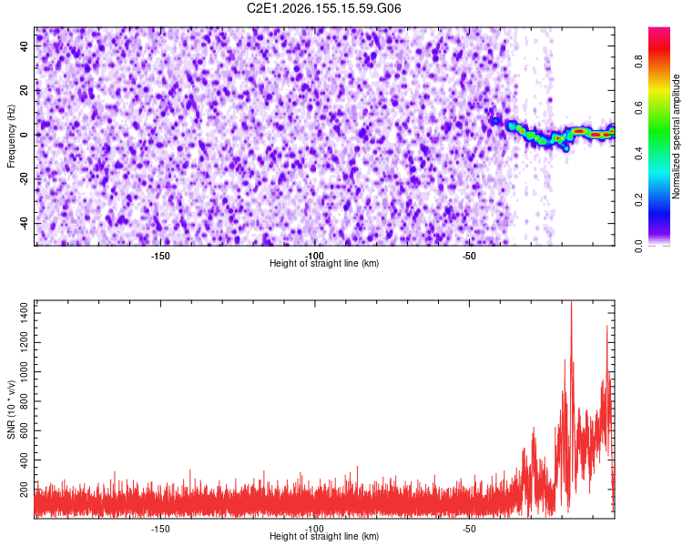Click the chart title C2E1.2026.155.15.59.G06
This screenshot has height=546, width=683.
323,8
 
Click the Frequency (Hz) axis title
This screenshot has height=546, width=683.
11,136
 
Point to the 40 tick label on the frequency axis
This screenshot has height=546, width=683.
25,46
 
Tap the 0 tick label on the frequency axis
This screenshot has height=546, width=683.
25,135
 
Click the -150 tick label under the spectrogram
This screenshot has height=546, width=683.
160,256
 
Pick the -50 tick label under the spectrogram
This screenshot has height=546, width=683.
469,256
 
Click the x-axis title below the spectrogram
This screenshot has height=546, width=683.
324,263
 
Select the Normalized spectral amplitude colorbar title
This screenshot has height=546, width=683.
676,136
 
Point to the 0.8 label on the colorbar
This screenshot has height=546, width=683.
638,62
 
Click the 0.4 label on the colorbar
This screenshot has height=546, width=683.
638,154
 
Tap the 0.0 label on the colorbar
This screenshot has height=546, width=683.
638,246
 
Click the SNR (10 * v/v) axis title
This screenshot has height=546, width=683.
11,409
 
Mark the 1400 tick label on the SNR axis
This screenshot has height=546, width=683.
25,313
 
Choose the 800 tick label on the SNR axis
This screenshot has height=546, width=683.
25,401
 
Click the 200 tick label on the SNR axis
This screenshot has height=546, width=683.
25,489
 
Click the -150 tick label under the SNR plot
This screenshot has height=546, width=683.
160,529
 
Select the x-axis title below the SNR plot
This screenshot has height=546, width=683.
324,536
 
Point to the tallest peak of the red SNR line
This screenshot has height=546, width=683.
571,302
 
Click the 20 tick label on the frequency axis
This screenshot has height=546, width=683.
25,90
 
